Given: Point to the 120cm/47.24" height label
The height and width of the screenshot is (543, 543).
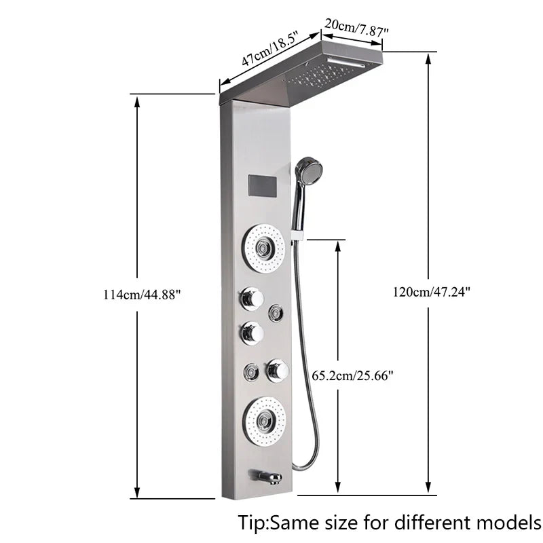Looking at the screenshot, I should [431, 292].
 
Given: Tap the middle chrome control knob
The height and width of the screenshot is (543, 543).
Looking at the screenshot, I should [252, 333].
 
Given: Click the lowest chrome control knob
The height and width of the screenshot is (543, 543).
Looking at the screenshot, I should [278, 370].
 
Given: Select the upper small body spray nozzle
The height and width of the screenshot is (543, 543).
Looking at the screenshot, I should [276, 312].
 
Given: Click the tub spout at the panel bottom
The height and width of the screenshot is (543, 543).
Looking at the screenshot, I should [266, 478].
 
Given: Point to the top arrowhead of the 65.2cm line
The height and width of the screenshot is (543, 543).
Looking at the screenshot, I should [337, 244].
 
